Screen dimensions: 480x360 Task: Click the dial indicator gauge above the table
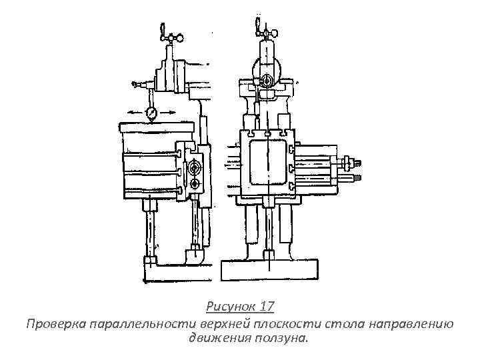click(153, 114)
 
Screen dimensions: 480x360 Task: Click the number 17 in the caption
click(265, 307)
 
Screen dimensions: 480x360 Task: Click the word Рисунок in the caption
click(230, 307)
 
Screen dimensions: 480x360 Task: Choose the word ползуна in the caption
click(283, 338)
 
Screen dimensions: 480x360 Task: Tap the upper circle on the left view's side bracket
click(195, 165)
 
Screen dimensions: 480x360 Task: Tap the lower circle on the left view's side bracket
click(195, 183)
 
